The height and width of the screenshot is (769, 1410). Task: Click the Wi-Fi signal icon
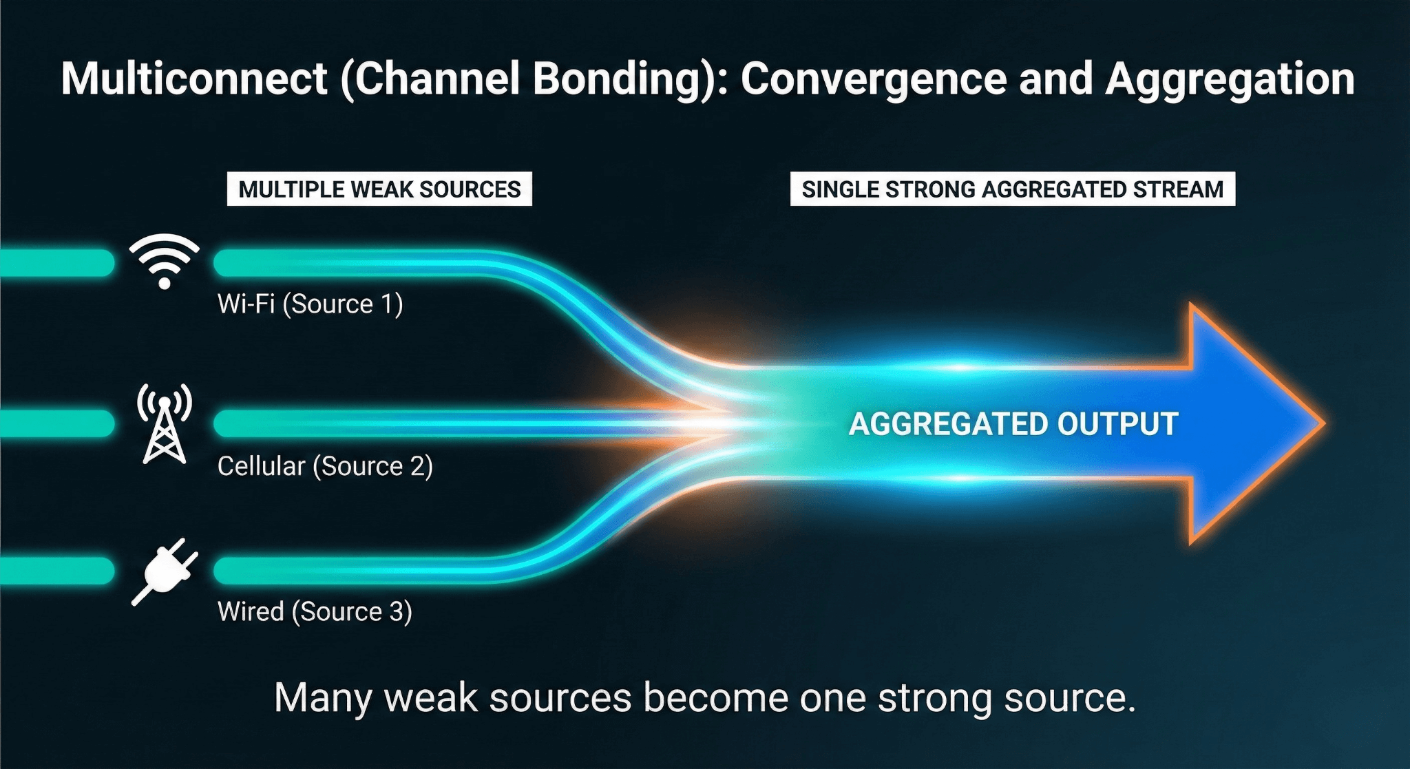[x=165, y=262]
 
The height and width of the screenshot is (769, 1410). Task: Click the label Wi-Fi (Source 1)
[x=310, y=304]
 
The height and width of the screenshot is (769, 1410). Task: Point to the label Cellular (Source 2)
[x=325, y=467]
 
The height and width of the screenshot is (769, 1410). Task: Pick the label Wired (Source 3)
[x=315, y=612]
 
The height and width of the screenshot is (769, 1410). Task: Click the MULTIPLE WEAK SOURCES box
[x=379, y=189]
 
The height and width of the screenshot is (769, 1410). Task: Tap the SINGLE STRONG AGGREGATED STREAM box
[x=1012, y=189]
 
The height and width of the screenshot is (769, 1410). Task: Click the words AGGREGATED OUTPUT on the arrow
[x=1013, y=424]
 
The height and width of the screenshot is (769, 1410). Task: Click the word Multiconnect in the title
[x=193, y=78]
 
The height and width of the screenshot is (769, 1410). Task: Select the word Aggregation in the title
[x=1230, y=78]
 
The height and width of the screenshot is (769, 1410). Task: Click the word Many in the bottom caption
[x=323, y=698]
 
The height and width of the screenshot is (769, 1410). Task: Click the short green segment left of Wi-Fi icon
[x=56, y=264]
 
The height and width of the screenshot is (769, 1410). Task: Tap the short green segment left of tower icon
[x=56, y=423]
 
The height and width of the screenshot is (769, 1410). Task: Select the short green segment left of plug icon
[x=56, y=571]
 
